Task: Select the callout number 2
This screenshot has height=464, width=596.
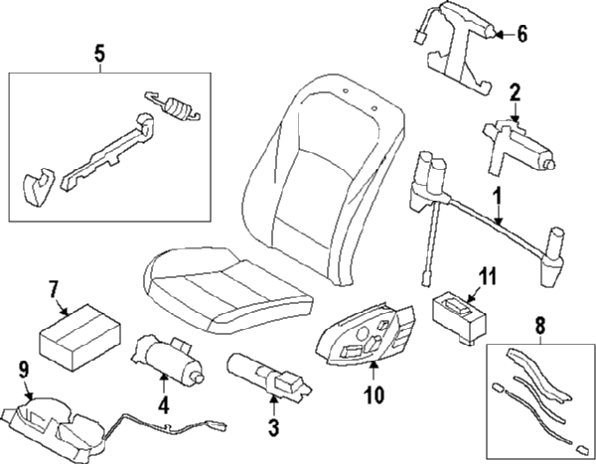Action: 515,92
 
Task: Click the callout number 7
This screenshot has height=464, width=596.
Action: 54,288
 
